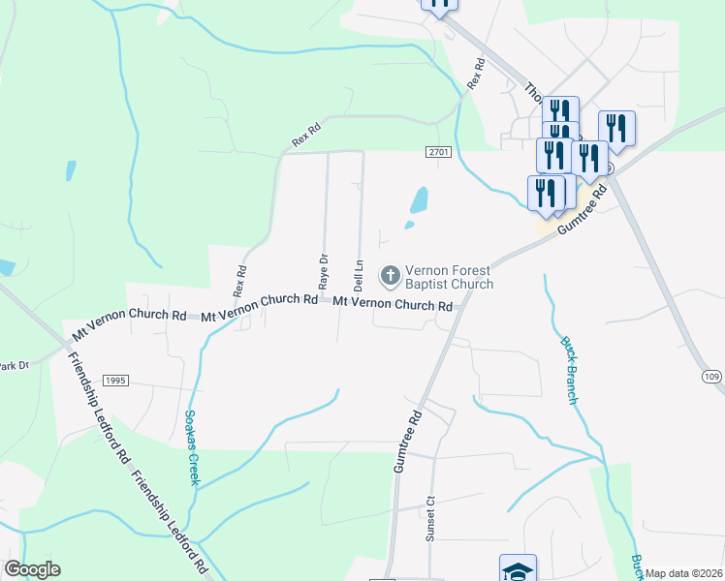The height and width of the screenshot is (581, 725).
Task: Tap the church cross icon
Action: pos(390,276)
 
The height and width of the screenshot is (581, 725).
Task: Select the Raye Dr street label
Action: pos(324,270)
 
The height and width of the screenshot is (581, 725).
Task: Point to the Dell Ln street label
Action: pos(358,276)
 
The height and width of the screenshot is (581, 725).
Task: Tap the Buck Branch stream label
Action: pos(571,370)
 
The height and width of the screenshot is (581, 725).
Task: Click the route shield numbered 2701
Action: pos(438,153)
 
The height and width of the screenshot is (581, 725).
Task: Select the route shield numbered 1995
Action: pos(113,382)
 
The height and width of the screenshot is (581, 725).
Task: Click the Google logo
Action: pos(32,569)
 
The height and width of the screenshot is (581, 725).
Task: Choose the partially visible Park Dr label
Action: pos(14,366)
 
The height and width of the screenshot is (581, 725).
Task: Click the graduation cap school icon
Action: pos(517,568)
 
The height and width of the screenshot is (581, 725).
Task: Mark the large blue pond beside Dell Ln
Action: pos(419,200)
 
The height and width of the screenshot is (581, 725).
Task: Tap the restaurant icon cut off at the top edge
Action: pos(439,5)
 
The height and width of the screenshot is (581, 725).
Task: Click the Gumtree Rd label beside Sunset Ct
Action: pos(409,441)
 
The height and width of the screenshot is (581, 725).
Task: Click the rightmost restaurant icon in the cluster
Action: pos(616,128)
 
